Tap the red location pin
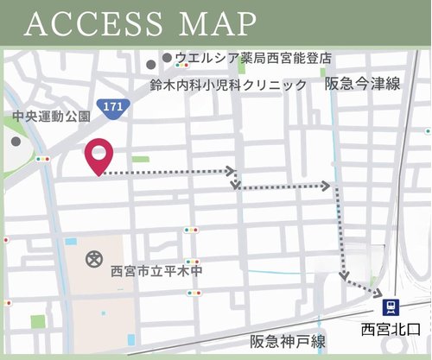99,155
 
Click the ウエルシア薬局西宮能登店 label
252,59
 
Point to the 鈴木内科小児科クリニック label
227,85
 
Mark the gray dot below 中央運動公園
16,141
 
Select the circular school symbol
93,259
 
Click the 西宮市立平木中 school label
158,271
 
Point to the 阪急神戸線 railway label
287,340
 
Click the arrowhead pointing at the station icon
378,293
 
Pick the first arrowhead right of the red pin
232,170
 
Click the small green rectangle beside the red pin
141,159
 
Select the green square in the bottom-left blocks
37,321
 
